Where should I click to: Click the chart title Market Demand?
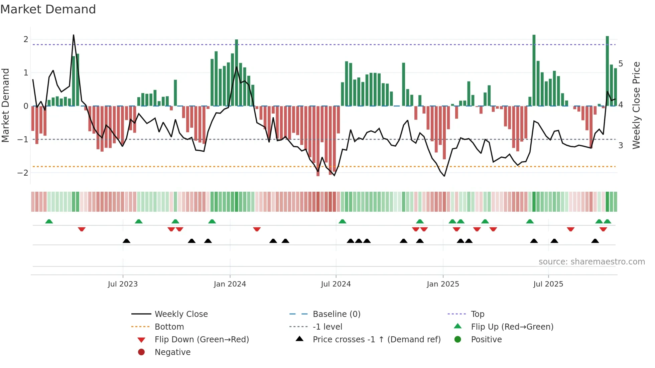[x=48, y=9]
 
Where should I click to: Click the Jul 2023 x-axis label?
[x=123, y=284]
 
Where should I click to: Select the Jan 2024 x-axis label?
[x=230, y=284]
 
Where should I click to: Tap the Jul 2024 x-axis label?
[x=336, y=284]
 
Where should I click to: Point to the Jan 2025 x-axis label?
[x=443, y=284]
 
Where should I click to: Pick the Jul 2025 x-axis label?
[x=548, y=284]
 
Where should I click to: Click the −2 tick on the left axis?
[x=23, y=173]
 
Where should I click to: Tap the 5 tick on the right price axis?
[x=621, y=64]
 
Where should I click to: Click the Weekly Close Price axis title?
[x=636, y=105]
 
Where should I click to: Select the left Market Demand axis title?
[x=6, y=105]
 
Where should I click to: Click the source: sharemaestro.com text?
[x=592, y=262]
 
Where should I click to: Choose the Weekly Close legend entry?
[x=181, y=314]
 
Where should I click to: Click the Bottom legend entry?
[x=169, y=327]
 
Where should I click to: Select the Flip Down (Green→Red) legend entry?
[x=202, y=340]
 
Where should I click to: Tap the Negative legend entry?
[x=172, y=352]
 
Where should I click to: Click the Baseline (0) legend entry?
[x=336, y=314]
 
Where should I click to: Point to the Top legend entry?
[x=478, y=314]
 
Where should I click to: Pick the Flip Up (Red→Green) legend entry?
[x=512, y=327]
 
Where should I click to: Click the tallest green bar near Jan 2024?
[x=237, y=73]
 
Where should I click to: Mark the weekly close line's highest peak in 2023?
[x=74, y=35]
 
